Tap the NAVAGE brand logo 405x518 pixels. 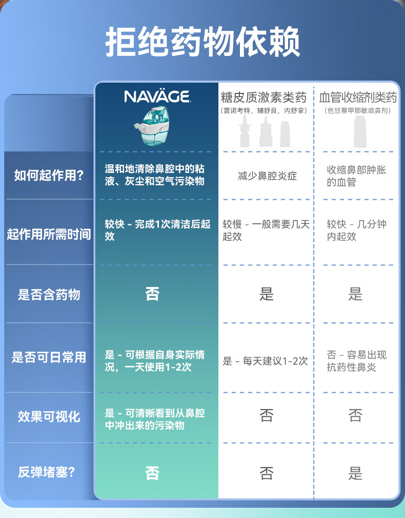157,97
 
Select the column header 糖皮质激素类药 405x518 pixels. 264,97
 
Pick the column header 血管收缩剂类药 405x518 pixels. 358,97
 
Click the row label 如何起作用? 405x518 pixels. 49,176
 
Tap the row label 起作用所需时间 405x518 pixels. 49,235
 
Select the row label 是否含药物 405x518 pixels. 49,294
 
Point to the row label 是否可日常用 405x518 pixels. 49,357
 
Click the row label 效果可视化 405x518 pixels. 49,416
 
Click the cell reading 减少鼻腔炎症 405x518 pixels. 267,176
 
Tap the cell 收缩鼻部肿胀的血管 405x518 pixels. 356,176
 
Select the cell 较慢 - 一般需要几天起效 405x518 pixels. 266,231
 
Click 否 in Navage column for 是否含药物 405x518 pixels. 152,294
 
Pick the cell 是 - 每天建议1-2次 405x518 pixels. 265,361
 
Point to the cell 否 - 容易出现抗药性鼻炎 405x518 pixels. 356,361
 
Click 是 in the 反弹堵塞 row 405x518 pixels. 355,473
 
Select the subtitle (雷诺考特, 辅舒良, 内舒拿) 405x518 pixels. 264,111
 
